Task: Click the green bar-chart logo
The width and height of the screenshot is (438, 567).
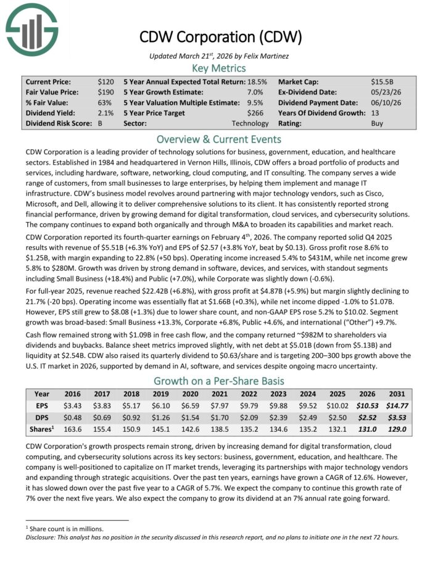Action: tap(31, 28)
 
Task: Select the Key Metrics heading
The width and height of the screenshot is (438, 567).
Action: tap(219, 68)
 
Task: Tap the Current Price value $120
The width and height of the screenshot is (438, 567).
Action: tap(105, 81)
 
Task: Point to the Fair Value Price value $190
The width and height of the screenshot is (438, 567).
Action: tap(105, 92)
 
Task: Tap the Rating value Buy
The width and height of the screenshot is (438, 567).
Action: tap(378, 123)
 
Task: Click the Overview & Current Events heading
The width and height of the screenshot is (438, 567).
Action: tap(219, 139)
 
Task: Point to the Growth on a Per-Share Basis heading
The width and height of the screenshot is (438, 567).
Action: tap(219, 380)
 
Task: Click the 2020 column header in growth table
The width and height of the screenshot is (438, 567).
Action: tap(188, 393)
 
